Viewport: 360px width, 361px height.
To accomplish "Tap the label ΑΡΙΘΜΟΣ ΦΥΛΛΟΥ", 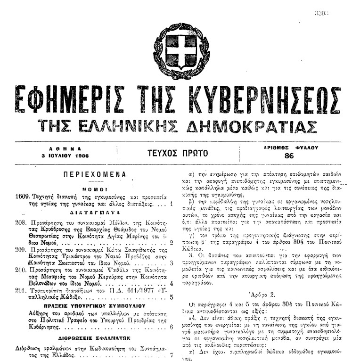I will pos(291,148).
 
